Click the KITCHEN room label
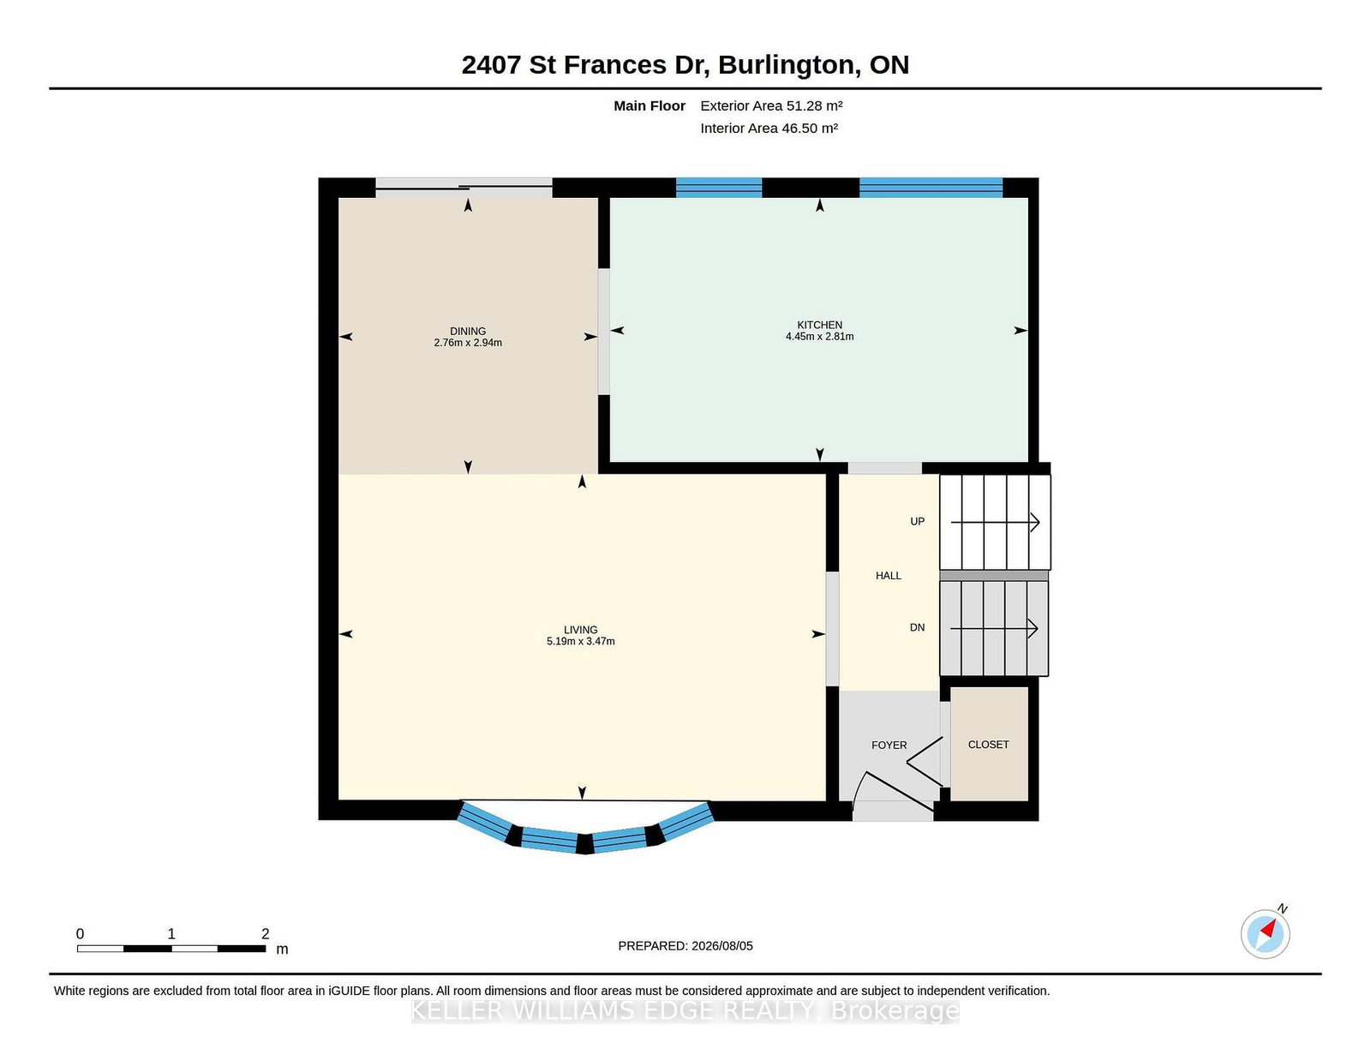tap(819, 325)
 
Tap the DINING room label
tap(468, 332)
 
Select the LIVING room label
tap(580, 630)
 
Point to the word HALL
tap(889, 576)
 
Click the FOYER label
tap(889, 746)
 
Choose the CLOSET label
tap(988, 745)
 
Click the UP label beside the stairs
tap(918, 521)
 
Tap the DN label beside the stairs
tap(918, 627)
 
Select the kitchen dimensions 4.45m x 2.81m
tap(819, 336)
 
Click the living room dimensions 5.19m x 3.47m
tap(580, 641)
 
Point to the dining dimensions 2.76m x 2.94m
tap(468, 343)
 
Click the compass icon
tap(1265, 934)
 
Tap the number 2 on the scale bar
tap(265, 934)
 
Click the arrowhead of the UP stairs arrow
tap(1035, 523)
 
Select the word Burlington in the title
tap(788, 64)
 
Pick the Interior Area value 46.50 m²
tap(810, 128)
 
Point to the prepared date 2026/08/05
tap(721, 946)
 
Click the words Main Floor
tap(650, 106)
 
